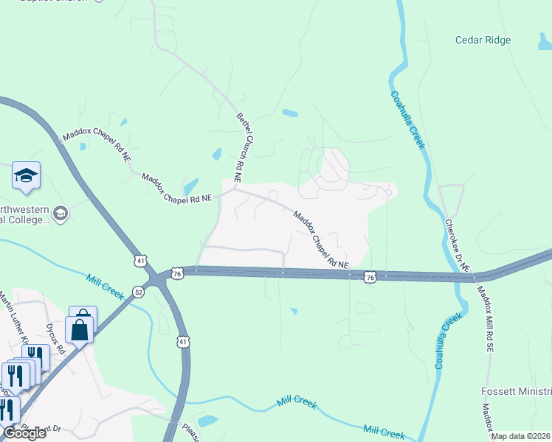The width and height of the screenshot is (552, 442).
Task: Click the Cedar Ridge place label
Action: click(x=483, y=40)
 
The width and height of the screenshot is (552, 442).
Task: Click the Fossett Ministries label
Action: click(x=516, y=391)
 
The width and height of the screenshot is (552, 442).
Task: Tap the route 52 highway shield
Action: click(x=139, y=291)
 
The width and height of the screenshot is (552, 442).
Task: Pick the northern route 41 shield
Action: click(x=142, y=260)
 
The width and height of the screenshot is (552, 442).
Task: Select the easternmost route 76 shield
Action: click(x=370, y=276)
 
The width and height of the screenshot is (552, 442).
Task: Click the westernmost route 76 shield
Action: click(x=176, y=273)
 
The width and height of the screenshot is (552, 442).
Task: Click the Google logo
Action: click(x=24, y=432)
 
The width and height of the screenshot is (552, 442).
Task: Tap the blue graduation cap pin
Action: click(x=26, y=177)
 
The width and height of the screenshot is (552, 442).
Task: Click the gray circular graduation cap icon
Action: click(x=60, y=214)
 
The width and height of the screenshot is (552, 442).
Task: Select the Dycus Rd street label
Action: click(x=54, y=339)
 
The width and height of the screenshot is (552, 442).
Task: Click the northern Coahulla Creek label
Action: click(x=407, y=120)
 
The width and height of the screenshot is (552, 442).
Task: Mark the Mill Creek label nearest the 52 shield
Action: click(x=104, y=287)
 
